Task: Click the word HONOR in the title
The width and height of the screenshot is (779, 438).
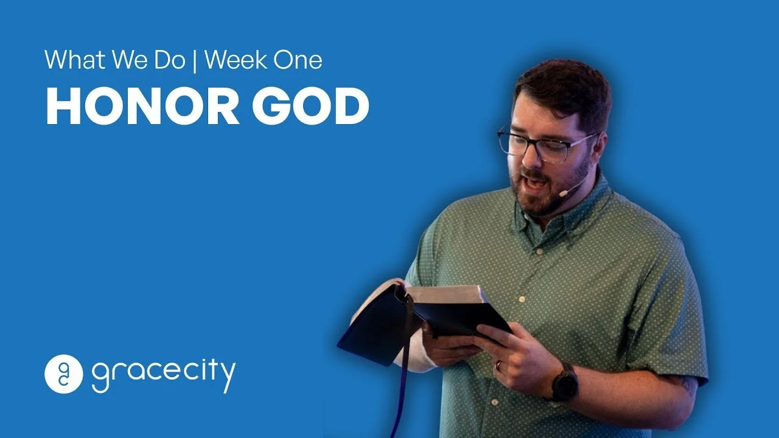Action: (x=141, y=107)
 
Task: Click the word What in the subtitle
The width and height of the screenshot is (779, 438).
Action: (x=72, y=60)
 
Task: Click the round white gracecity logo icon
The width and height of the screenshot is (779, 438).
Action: (x=63, y=374)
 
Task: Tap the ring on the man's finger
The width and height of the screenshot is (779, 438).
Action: (x=498, y=366)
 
